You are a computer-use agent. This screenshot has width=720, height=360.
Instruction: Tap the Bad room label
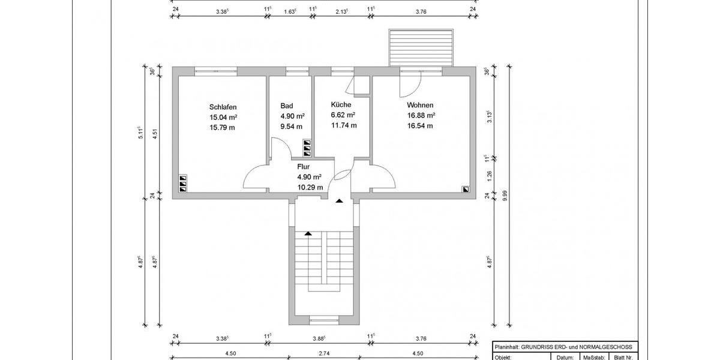286,106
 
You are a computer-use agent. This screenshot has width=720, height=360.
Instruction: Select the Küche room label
341,104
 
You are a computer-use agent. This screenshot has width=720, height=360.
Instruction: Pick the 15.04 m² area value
223,117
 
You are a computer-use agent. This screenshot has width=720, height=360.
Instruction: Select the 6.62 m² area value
343,115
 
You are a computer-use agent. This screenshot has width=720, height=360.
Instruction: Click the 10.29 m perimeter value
310,187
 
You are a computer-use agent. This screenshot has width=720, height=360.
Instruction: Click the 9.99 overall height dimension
505,196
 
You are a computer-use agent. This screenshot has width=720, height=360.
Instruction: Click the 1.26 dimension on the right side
489,175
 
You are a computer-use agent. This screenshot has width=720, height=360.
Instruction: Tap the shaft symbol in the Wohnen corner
466,189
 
